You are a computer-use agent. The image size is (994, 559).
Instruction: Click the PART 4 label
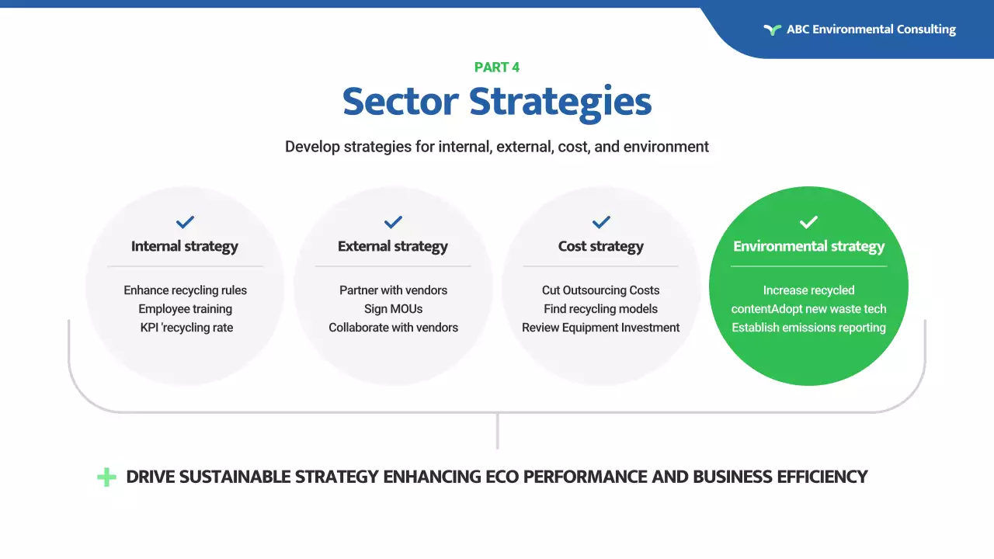tap(497, 68)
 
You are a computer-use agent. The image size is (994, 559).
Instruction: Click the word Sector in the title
tap(400, 102)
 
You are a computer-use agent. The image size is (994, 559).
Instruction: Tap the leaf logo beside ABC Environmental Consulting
tap(772, 30)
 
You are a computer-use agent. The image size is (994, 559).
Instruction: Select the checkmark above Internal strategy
tap(185, 222)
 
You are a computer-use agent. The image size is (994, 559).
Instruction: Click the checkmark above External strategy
tap(393, 222)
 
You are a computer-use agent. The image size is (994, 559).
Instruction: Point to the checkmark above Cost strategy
tap(601, 222)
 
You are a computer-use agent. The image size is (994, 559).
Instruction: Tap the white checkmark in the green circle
tap(808, 222)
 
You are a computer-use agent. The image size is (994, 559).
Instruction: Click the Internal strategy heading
tap(185, 247)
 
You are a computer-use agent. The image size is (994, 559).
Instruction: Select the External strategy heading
tap(393, 247)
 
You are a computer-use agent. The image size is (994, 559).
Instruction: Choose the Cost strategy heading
tap(601, 247)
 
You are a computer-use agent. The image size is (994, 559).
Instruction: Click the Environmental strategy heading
tap(808, 247)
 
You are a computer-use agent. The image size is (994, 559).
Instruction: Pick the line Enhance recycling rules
tap(185, 290)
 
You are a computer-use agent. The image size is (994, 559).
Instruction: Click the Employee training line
tap(185, 309)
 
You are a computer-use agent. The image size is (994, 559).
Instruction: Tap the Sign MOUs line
tap(393, 309)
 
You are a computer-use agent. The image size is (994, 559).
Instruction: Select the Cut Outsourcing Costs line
tap(601, 290)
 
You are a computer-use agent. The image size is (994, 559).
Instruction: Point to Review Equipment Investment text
tap(601, 328)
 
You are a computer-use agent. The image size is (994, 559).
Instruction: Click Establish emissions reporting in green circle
tap(808, 328)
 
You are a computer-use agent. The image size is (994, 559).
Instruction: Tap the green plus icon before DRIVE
tap(106, 477)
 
